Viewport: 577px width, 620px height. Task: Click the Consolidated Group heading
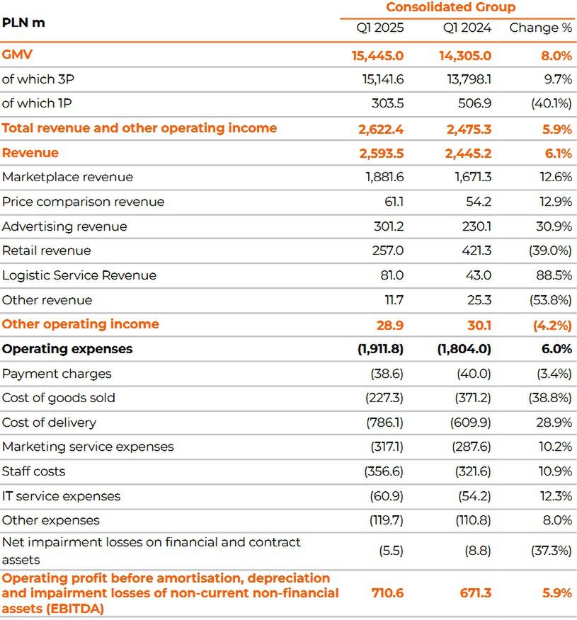450,8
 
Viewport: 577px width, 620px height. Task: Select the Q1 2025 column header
380,28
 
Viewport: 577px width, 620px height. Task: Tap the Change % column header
540,28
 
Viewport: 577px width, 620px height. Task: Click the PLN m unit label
23,23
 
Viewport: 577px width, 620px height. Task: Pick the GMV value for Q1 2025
377,55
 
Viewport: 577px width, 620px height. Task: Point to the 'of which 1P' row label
37,103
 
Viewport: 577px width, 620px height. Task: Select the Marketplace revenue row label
67,177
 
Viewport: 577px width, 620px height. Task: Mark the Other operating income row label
80,324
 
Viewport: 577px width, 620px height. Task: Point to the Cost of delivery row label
49,423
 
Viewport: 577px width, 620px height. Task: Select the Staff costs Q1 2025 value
384,471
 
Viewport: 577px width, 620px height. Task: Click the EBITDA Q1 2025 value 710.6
387,593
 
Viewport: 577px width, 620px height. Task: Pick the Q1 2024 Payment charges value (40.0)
473,374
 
